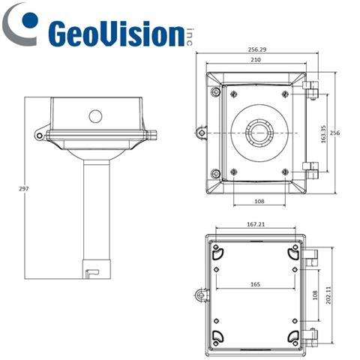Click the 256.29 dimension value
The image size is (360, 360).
pos(258,50)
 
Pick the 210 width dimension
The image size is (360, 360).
pos(258,61)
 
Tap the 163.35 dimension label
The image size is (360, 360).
pos(323,133)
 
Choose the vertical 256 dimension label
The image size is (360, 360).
pos(335,133)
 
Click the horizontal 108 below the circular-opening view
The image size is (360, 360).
pos(258,202)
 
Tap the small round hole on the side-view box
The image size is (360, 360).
pos(94,116)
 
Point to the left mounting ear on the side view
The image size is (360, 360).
pos(38,135)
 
